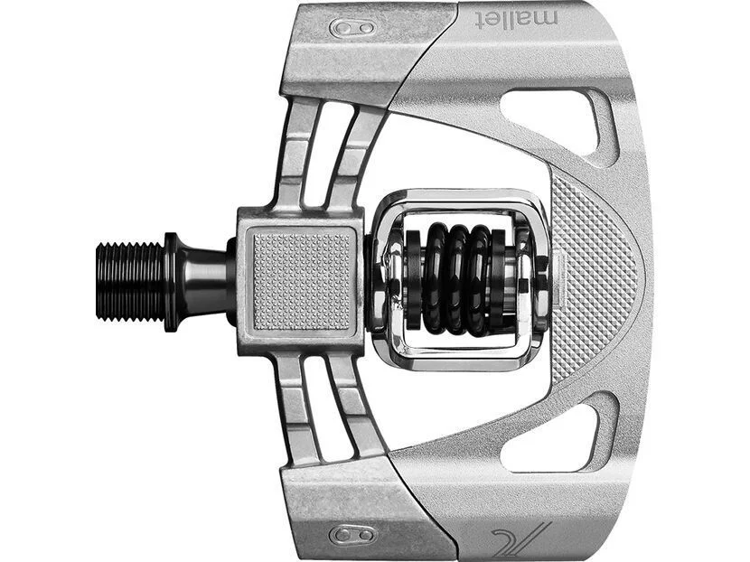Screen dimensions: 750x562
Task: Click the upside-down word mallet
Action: [517, 19]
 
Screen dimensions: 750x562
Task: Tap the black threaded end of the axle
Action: [130, 281]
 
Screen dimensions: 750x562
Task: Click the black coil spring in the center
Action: [459, 280]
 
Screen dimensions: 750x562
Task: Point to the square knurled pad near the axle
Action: [301, 281]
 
